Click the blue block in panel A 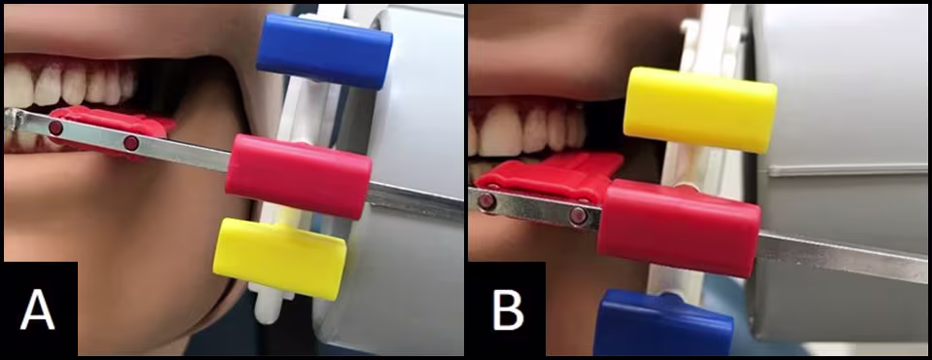(x=324, y=52)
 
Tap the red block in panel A (x=299, y=176)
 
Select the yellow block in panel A (x=279, y=259)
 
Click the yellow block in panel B (x=700, y=110)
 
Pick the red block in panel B (x=679, y=228)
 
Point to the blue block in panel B (x=663, y=323)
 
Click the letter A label (x=37, y=309)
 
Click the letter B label (x=508, y=309)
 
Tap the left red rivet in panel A (x=55, y=127)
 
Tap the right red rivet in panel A (x=131, y=143)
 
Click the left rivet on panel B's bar (x=486, y=201)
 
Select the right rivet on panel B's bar (x=578, y=216)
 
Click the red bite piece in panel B (x=550, y=176)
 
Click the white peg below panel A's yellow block (x=267, y=305)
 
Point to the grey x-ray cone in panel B (x=838, y=172)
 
